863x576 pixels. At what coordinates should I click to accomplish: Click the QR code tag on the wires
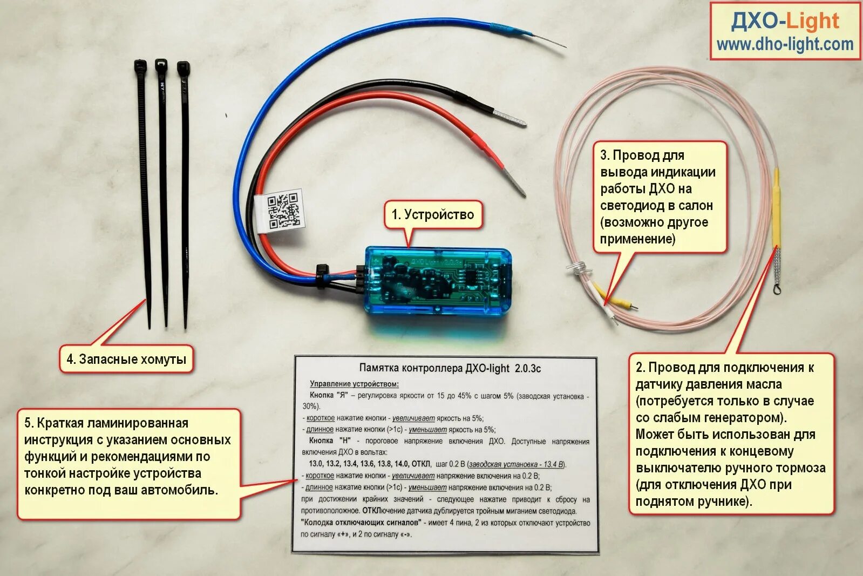[x=283, y=210]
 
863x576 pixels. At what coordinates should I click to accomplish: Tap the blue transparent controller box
[x=437, y=280]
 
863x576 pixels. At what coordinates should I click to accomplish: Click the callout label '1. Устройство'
[x=433, y=214]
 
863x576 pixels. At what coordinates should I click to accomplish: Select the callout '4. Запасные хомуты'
[x=126, y=359]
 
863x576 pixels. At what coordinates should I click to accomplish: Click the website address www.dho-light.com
[x=785, y=44]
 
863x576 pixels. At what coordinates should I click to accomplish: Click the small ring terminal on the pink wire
[x=777, y=290]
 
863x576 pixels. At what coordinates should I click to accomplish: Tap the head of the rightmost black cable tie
[x=183, y=69]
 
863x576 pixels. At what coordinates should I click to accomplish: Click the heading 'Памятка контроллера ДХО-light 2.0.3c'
[x=450, y=368]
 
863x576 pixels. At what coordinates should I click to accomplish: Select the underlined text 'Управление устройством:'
[x=354, y=384]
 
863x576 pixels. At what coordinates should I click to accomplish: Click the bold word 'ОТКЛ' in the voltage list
[x=421, y=464]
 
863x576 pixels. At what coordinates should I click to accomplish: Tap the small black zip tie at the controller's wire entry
[x=323, y=275]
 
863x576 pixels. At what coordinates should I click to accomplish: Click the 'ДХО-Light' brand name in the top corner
[x=785, y=22]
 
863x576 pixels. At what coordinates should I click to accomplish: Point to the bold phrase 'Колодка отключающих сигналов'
[x=361, y=523]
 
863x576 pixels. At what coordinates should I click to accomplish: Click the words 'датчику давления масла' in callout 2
[x=708, y=384]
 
